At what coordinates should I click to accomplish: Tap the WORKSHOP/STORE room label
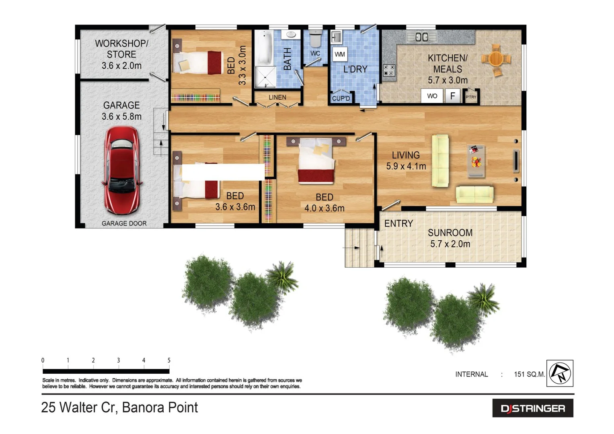tap(121, 54)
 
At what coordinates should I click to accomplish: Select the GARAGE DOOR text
tap(124, 223)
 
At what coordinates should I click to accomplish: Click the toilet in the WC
tap(315, 39)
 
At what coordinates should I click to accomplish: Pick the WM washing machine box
tap(340, 54)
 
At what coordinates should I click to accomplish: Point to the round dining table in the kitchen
tap(496, 59)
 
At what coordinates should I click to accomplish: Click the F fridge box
tap(452, 96)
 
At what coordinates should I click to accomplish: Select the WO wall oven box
tap(432, 96)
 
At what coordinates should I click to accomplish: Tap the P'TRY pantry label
tap(471, 97)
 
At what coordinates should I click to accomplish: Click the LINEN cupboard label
tap(277, 97)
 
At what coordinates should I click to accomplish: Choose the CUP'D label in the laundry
tap(341, 98)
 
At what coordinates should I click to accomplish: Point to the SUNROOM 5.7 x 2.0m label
tap(450, 238)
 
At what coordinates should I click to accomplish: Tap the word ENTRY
tap(398, 223)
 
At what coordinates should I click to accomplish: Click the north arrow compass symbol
tap(560, 373)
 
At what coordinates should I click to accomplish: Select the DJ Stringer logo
tap(533, 408)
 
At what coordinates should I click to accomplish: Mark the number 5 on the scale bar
tap(169, 360)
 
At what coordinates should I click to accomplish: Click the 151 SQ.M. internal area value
tap(529, 374)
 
